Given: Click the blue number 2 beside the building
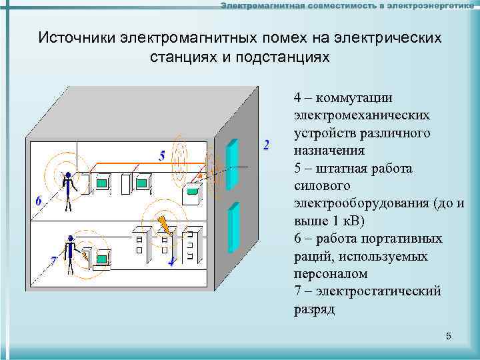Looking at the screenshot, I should pos(267,145).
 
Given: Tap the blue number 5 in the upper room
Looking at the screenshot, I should pos(162,156).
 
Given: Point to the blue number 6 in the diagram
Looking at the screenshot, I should pos(38,201).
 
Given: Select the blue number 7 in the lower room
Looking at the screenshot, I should pos(53,262).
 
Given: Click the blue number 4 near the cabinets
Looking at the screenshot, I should pos(171,261).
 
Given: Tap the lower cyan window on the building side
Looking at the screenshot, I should pos(233,227).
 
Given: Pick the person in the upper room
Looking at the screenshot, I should pos(67,191).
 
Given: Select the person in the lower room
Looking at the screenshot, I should pos(70,254).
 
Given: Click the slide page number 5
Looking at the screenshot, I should pos(449,337).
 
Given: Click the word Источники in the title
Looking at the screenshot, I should pos(77,37).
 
